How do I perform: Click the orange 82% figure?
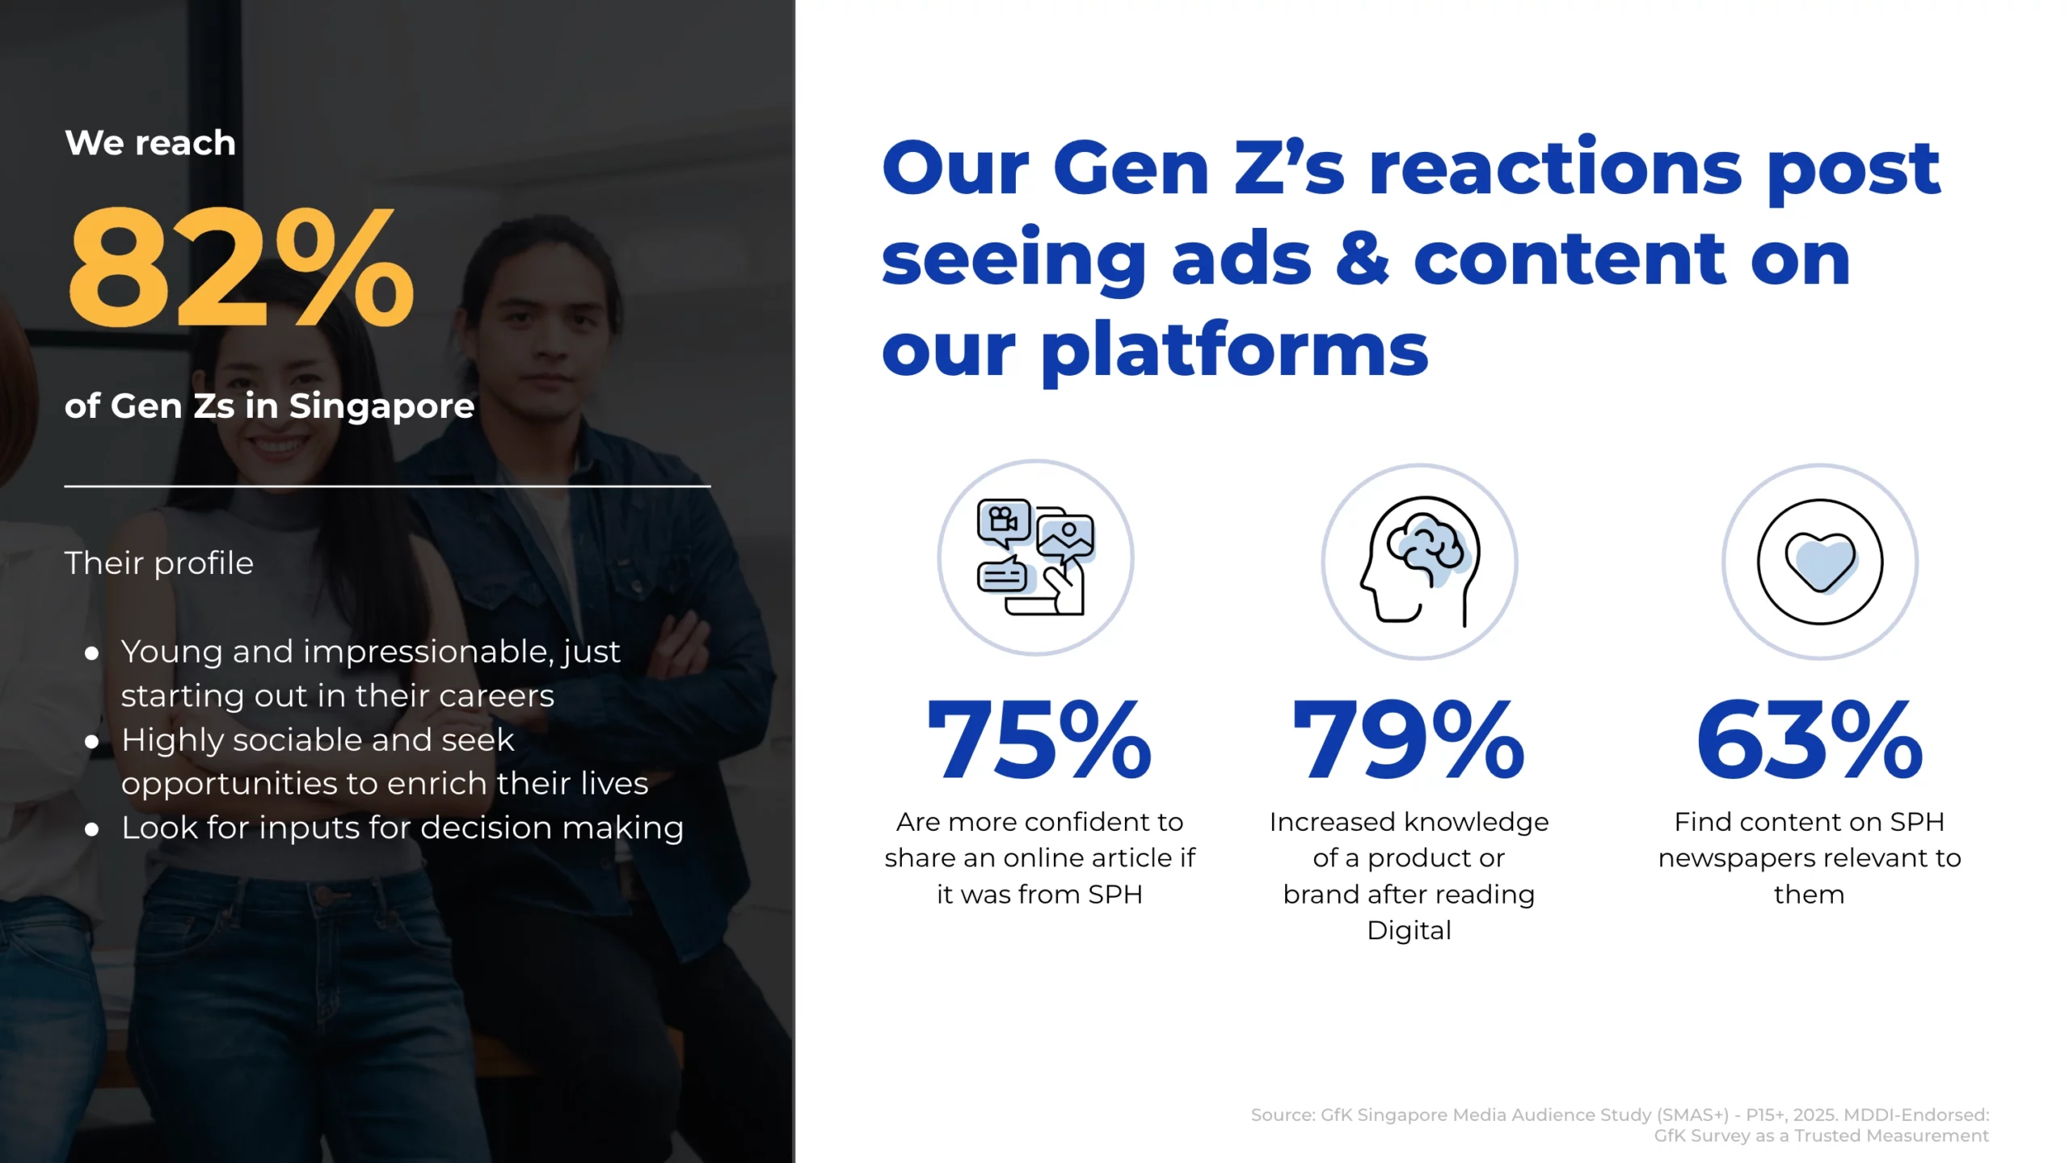tap(241, 267)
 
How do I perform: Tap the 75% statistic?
tap(1039, 740)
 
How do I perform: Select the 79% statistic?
tap(1409, 740)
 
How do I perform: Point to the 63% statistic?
tap(1810, 740)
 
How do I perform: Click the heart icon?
tap(1820, 563)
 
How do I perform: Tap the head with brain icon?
tap(1420, 562)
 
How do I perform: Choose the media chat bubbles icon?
tap(1035, 557)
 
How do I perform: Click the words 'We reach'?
tap(150, 143)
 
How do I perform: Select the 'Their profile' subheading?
tap(159, 563)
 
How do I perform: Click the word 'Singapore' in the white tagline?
tap(381, 406)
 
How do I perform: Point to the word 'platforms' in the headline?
tap(1234, 351)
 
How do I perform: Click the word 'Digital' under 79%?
tap(1409, 931)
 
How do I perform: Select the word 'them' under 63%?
tap(1809, 895)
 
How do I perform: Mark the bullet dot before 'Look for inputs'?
tap(92, 829)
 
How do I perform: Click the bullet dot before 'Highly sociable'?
tap(92, 741)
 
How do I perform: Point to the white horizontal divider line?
tap(387, 487)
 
